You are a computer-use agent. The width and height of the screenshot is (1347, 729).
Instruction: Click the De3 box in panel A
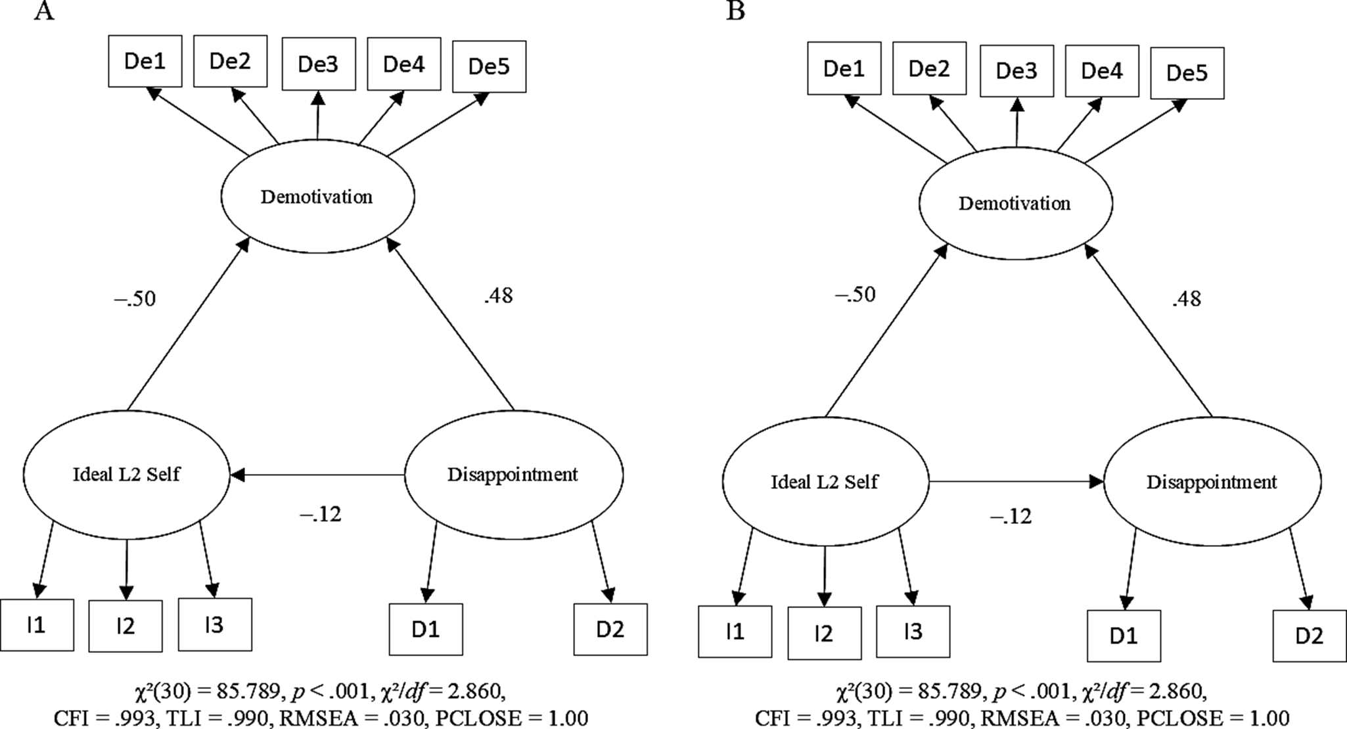[x=319, y=64]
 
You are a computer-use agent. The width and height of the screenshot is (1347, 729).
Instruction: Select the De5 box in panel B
[x=1187, y=73]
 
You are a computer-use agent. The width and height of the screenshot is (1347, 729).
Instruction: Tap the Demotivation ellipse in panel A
[x=317, y=197]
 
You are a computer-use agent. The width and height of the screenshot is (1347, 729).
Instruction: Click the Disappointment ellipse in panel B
[x=1212, y=482]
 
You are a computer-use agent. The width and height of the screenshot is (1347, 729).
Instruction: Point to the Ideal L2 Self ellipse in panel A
[x=126, y=475]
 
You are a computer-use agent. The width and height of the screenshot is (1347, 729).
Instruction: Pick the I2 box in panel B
[x=824, y=633]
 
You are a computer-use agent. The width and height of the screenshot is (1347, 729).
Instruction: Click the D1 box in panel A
[x=426, y=630]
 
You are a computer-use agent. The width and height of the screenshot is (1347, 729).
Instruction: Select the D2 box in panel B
[x=1309, y=636]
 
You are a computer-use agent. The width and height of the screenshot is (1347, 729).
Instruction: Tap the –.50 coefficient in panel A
[x=136, y=299]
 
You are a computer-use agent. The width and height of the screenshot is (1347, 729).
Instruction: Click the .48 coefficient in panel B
[x=1187, y=299]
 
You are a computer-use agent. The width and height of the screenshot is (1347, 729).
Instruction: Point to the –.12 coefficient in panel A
[x=321, y=514]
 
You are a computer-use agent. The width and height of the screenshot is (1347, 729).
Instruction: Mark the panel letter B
[x=735, y=11]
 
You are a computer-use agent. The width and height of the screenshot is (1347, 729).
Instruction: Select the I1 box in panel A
[x=36, y=625]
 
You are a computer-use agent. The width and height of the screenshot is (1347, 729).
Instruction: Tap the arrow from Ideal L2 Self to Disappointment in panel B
[x=1016, y=482]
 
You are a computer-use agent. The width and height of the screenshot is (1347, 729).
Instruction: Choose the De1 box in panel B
[x=844, y=69]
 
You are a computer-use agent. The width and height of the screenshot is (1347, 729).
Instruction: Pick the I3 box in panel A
[x=215, y=625]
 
